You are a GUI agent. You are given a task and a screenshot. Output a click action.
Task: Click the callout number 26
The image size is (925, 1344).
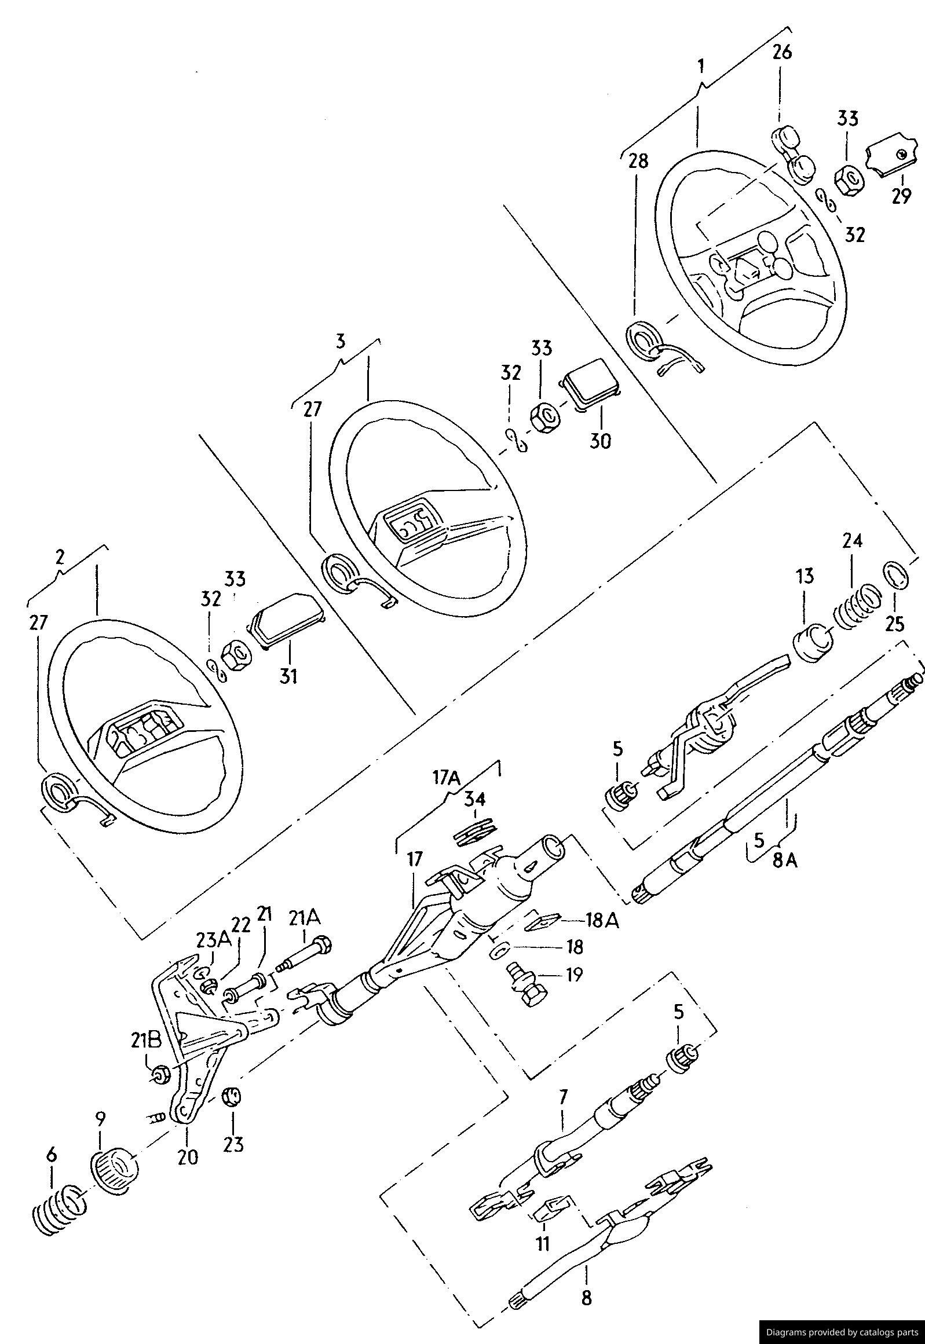tap(782, 52)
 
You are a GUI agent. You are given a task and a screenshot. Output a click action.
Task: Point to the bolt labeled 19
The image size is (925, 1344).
tap(527, 986)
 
